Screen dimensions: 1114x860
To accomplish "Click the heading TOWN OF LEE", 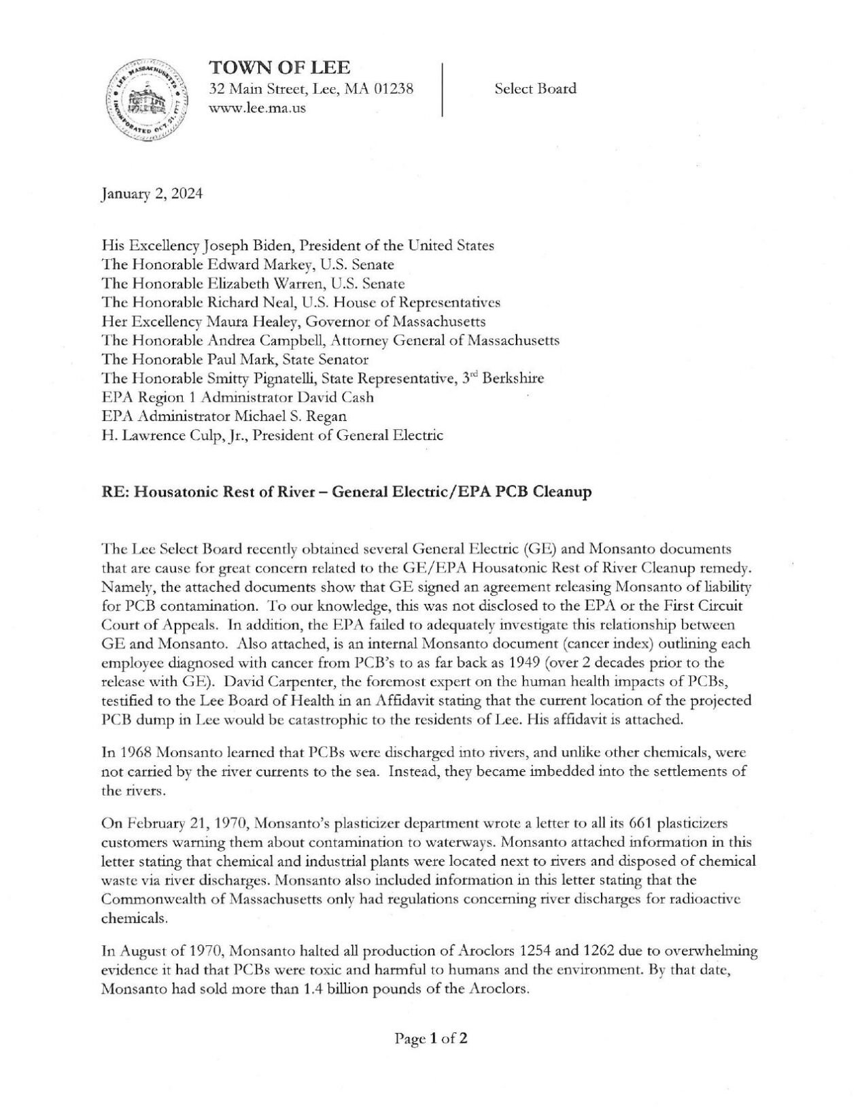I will [279, 68].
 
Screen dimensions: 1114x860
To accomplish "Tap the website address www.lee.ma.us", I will [257, 108].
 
